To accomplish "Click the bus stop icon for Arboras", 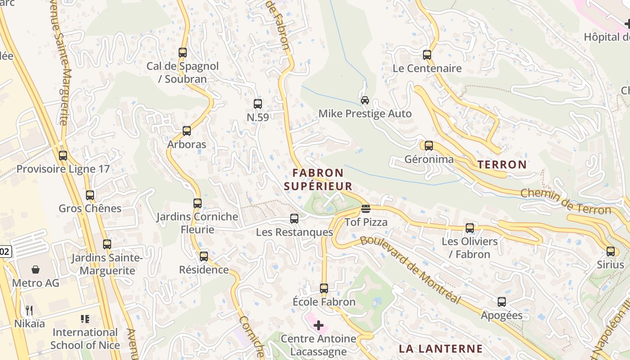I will click(187, 131).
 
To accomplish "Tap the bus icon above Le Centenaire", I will click(427, 55).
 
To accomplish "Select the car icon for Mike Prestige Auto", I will click(365, 100).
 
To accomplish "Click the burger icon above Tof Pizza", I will click(366, 209).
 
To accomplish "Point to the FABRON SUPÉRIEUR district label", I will click(318, 180).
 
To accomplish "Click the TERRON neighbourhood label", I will click(502, 165).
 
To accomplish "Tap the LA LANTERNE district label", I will click(441, 349).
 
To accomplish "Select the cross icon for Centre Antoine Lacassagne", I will click(319, 325).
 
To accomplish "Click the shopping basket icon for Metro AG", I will click(36, 270).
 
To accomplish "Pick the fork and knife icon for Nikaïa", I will click(29, 310).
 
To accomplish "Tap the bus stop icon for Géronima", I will click(429, 146).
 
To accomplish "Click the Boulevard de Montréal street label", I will click(410, 270).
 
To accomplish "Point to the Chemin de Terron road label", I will click(566, 202).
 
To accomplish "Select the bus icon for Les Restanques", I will click(294, 219).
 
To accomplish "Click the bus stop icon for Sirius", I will click(611, 251).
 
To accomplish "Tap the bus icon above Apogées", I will click(502, 302).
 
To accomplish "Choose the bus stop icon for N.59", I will click(258, 104).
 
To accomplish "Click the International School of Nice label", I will click(85, 339).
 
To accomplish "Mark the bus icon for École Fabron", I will click(324, 288).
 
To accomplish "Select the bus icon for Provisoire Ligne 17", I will click(63, 156).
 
